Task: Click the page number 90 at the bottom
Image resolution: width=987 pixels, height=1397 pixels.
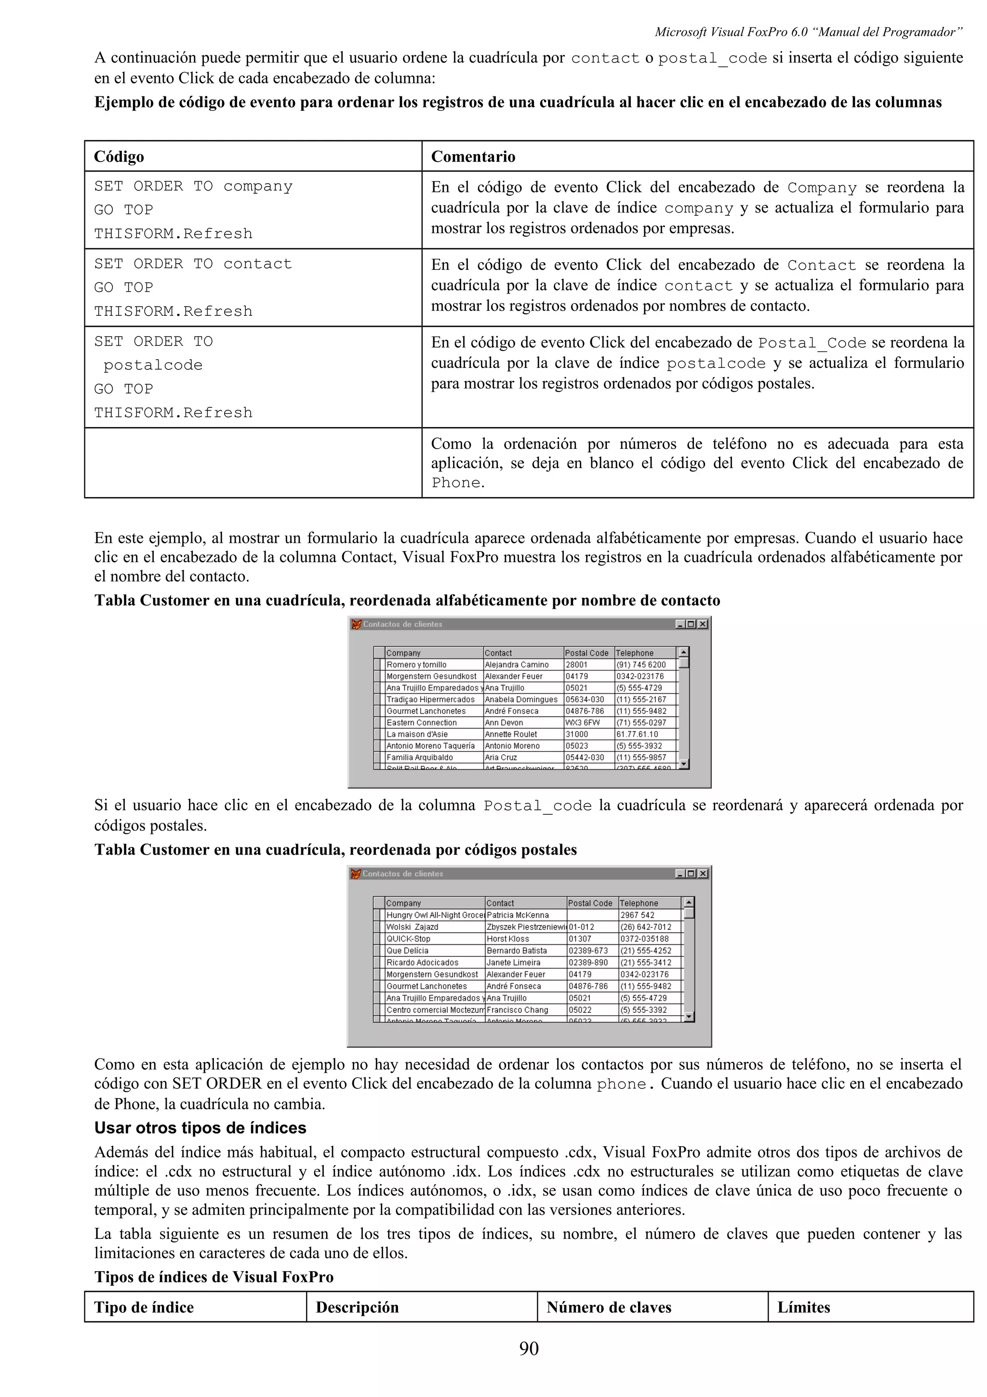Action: pos(529,1348)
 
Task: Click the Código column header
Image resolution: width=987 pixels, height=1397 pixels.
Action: pos(119,157)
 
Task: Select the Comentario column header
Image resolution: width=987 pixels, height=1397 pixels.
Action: pos(473,157)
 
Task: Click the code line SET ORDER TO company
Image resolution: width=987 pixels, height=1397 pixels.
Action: pos(193,186)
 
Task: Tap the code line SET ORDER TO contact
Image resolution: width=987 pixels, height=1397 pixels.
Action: pos(193,264)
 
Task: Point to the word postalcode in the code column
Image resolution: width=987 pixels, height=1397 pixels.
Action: pos(153,365)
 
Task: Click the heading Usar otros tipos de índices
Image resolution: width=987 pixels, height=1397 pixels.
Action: pos(200,1128)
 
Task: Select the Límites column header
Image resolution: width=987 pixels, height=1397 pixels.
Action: pos(803,1307)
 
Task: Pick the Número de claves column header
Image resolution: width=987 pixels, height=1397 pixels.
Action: pos(609,1307)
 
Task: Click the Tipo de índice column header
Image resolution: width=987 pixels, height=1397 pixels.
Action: pos(144,1307)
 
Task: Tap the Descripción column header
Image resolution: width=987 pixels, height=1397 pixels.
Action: pos(357,1307)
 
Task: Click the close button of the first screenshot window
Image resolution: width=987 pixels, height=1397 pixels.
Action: pos(702,624)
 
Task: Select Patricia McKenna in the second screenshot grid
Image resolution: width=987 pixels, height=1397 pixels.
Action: pos(518,915)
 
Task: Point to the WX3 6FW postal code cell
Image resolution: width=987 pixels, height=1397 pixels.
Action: pos(583,723)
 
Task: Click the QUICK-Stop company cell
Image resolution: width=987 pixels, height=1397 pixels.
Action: pos(408,939)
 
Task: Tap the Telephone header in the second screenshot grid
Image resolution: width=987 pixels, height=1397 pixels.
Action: pos(639,903)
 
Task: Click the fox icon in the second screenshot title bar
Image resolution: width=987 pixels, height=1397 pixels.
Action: pos(356,874)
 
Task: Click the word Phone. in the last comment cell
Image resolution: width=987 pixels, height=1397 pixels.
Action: pos(458,483)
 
